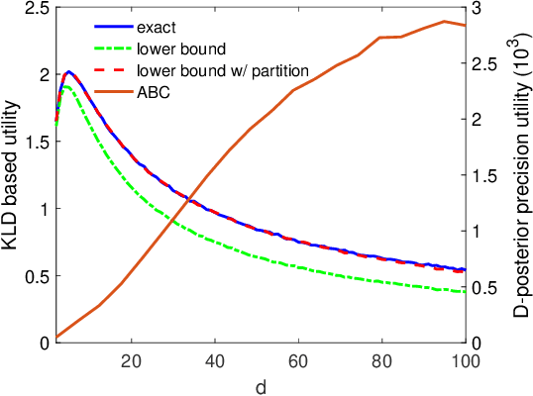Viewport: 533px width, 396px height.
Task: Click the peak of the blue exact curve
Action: point(68,72)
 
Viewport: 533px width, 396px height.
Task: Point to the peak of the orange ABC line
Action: point(444,21)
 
